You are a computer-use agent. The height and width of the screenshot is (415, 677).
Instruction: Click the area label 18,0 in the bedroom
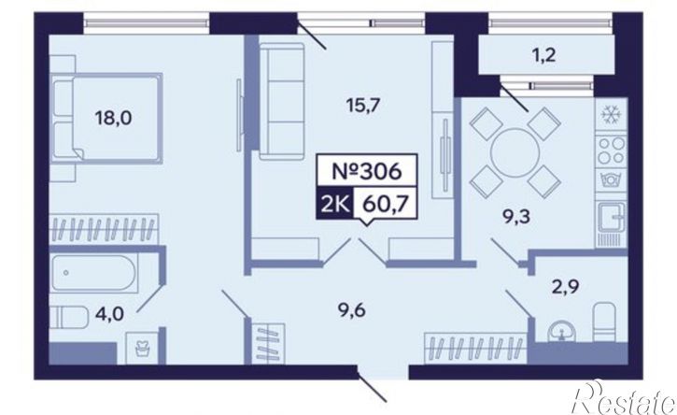point(114,118)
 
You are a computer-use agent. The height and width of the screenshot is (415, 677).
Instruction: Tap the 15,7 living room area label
point(365,105)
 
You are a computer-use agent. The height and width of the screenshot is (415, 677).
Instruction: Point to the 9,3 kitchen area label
point(515,217)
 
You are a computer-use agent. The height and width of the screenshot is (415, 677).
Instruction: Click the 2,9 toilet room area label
point(565,286)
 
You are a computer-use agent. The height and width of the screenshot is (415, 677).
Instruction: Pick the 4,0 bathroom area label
point(110,313)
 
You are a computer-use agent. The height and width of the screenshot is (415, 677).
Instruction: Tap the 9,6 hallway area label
point(351,309)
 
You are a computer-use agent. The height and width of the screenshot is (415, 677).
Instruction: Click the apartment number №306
point(367,172)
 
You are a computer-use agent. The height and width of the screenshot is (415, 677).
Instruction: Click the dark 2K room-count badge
point(335,202)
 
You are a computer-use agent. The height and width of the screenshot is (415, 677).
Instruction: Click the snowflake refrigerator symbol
point(611,115)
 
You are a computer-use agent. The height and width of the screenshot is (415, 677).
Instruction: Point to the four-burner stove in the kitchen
point(611,150)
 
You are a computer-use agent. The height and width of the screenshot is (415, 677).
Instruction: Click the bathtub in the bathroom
point(93,273)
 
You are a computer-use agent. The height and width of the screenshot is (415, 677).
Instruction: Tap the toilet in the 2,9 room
point(604,322)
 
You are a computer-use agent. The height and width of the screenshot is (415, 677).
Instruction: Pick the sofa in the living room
point(281,103)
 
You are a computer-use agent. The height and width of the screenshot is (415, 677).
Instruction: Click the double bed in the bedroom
point(106,119)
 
